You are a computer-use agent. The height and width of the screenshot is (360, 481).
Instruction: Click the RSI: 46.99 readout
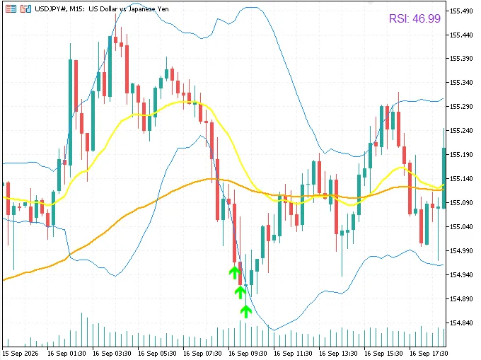click(415, 18)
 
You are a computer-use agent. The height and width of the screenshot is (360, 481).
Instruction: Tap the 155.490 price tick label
click(461, 11)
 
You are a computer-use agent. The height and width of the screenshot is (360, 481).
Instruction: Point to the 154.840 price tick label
click(461, 323)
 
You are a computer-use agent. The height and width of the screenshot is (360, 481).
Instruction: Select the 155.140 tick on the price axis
click(461, 178)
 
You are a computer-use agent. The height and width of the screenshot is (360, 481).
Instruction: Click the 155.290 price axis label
click(461, 106)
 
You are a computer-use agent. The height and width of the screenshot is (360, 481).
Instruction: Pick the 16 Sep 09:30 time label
click(248, 354)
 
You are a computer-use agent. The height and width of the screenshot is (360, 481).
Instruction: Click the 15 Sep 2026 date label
click(21, 354)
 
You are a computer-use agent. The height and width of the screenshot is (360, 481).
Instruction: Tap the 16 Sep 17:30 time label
click(429, 354)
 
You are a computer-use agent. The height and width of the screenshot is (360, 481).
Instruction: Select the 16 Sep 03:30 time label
click(112, 354)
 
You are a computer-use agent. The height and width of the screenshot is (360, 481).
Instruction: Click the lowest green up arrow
click(246, 311)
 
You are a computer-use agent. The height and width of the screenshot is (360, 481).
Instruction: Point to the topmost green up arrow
click(235, 272)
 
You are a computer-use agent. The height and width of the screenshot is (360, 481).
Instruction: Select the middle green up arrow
click(240, 291)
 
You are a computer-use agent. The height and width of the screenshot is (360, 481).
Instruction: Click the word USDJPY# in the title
click(51, 9)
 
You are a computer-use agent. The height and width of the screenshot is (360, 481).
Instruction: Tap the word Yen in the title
click(163, 9)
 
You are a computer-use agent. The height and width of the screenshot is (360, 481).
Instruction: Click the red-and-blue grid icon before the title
click(11, 9)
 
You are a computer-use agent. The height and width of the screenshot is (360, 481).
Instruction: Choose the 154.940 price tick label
click(461, 274)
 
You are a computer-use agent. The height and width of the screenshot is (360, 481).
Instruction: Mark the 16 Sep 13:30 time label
click(338, 354)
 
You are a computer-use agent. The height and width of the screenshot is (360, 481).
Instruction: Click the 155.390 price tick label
click(461, 58)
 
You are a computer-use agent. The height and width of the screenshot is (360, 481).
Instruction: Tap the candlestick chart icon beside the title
click(25, 9)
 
